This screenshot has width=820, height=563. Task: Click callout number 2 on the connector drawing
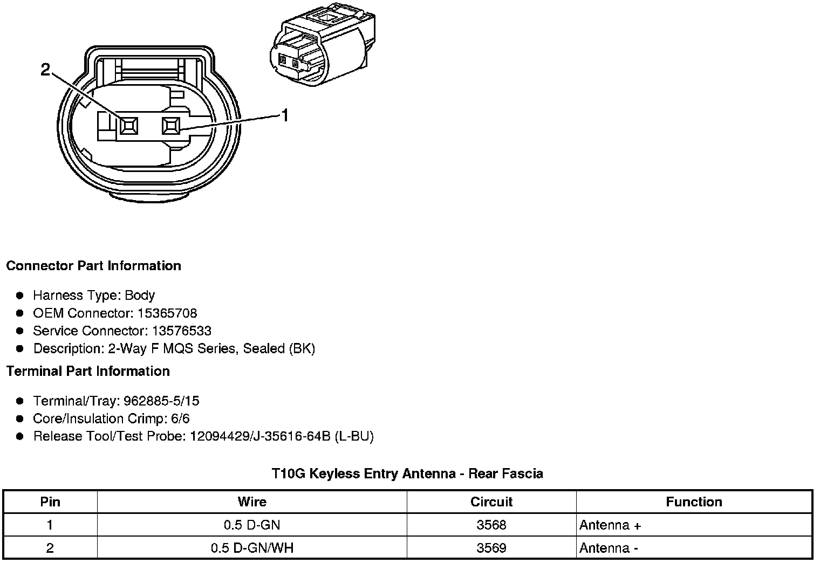(x=45, y=70)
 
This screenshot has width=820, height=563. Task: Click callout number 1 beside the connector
(x=285, y=115)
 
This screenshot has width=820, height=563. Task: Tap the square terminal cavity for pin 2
(x=129, y=126)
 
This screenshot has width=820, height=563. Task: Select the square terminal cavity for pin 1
(x=171, y=126)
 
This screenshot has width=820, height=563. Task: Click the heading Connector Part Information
(x=94, y=265)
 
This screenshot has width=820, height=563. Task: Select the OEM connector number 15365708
(x=167, y=313)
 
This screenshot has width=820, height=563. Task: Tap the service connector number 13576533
(x=182, y=331)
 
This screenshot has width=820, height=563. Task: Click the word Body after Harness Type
(x=140, y=295)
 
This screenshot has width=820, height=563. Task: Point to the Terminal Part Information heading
(x=88, y=371)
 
